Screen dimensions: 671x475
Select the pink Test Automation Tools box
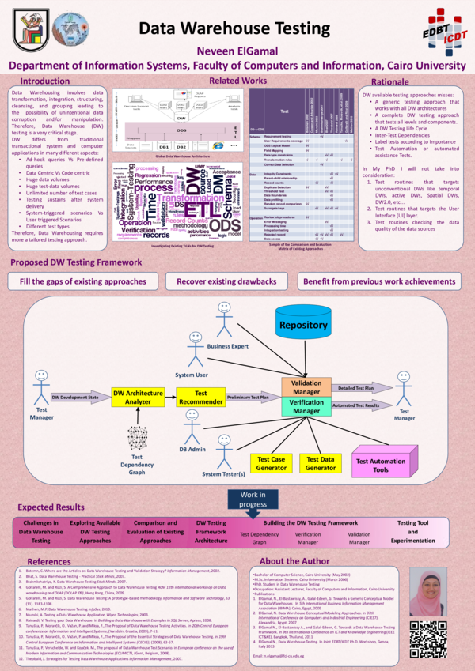(x=382, y=465)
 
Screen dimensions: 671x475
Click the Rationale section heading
(x=389, y=82)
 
